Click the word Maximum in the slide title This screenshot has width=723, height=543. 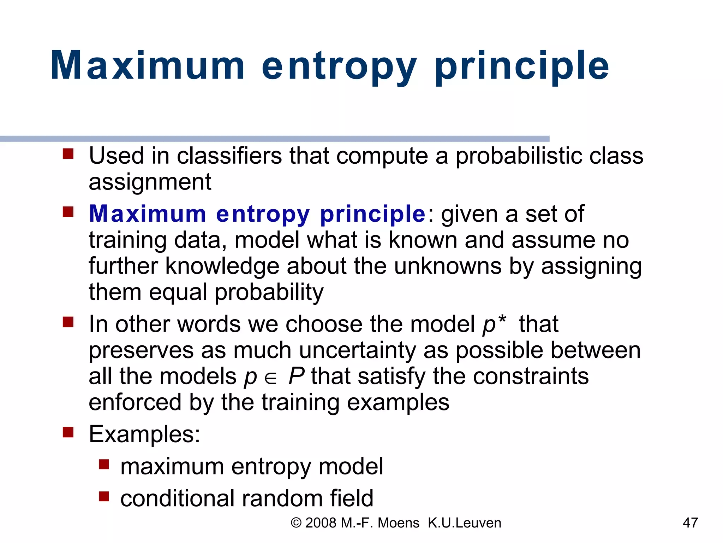pyautogui.click(x=148, y=66)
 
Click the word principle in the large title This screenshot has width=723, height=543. pyautogui.click(x=522, y=66)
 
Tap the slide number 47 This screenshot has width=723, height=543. pyautogui.click(x=690, y=522)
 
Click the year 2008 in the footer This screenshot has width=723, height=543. pyautogui.click(x=321, y=523)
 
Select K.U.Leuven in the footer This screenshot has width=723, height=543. pyautogui.click(x=464, y=523)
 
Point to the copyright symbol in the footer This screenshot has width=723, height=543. pyautogui.click(x=296, y=523)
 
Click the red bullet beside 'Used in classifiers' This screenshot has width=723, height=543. pyautogui.click(x=68, y=154)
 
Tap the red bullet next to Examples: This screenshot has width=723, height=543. pyautogui.click(x=68, y=432)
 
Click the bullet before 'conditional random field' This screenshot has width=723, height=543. pyautogui.click(x=104, y=496)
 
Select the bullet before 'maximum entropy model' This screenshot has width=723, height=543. pyautogui.click(x=104, y=464)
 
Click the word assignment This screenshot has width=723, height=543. pyautogui.click(x=150, y=182)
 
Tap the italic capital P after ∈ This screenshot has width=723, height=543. pyautogui.click(x=296, y=376)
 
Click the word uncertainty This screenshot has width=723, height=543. pyautogui.click(x=358, y=351)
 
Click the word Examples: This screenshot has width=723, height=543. pyautogui.click(x=144, y=434)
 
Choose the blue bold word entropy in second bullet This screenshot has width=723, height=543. pyautogui.click(x=263, y=214)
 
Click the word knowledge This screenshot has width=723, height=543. pyautogui.click(x=222, y=266)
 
